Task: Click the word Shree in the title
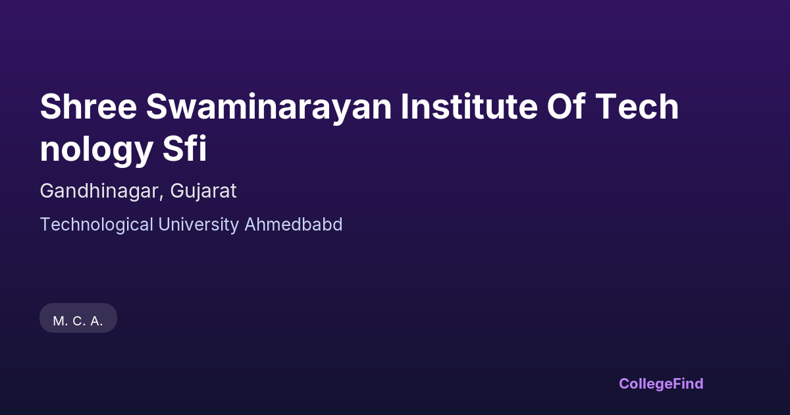coord(88,106)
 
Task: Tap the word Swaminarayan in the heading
coord(269,108)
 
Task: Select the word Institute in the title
coord(469,106)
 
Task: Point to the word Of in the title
coord(566,106)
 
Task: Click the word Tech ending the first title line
coord(637,106)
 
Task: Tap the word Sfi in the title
coord(184,148)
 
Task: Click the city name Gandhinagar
coord(100,192)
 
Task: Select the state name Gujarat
coord(203,192)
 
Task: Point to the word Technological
coord(97,225)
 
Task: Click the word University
coord(199,225)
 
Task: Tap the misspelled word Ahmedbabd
coord(294,225)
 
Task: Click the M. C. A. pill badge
coord(78,318)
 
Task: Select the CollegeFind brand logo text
coord(661,384)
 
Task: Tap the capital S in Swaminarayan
coord(157,106)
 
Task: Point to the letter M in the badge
coord(58,321)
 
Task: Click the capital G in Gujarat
coord(178,190)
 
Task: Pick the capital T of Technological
coord(46,225)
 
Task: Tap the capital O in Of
coord(560,106)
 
